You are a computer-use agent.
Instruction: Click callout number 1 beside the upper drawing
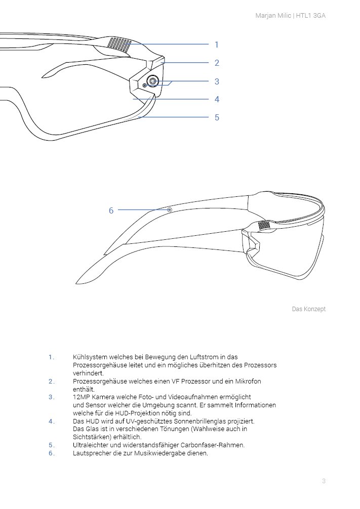[217, 45]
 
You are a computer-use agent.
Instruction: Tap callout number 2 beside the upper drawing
[217, 63]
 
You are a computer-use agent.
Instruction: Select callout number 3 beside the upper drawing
[217, 81]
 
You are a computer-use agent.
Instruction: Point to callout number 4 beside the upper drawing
[217, 99]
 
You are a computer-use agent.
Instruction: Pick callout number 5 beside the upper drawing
[217, 117]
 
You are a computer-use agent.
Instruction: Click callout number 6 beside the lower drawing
[111, 210]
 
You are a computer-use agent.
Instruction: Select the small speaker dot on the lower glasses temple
[170, 210]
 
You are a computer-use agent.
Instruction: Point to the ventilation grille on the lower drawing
[264, 226]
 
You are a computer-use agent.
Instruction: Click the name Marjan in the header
[264, 16]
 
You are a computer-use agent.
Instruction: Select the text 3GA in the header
[319, 16]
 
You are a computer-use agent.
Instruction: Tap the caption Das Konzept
[309, 309]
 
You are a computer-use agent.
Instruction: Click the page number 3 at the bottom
[324, 481]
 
